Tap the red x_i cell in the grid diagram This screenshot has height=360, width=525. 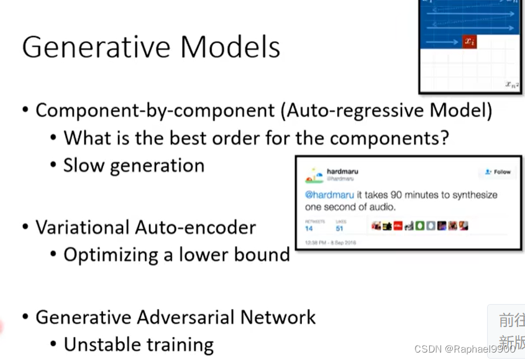(469, 42)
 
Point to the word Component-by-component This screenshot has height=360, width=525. (155, 111)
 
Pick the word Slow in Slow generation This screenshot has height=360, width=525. (83, 165)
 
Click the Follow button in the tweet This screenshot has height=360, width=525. (498, 172)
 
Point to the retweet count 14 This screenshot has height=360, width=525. (309, 229)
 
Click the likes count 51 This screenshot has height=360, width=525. (340, 229)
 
